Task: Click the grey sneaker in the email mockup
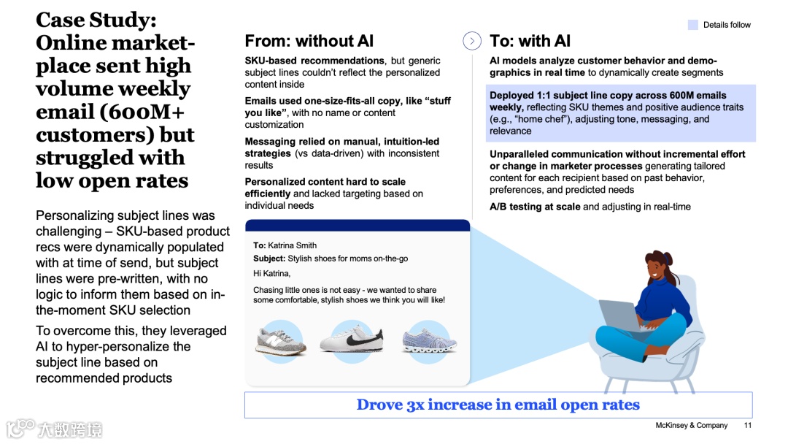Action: (281, 341)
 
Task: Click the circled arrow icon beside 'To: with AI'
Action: (472, 42)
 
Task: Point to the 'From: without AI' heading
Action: (309, 42)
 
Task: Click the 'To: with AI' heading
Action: (530, 42)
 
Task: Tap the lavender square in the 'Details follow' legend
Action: (693, 25)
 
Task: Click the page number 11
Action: (748, 425)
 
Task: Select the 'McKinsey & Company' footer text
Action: (692, 425)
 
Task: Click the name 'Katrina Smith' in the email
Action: (292, 245)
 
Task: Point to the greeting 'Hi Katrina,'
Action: (271, 273)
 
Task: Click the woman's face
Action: (660, 272)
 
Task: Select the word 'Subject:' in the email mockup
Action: (269, 259)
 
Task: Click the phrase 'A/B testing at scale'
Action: (535, 207)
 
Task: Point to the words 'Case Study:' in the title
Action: (96, 20)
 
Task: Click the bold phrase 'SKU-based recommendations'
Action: (314, 61)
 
